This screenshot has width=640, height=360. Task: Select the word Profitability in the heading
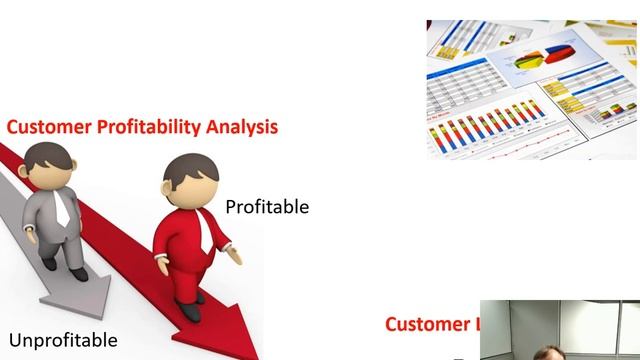(143, 128)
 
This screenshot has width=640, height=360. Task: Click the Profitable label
(267, 207)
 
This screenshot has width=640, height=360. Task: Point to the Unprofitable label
(63, 340)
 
